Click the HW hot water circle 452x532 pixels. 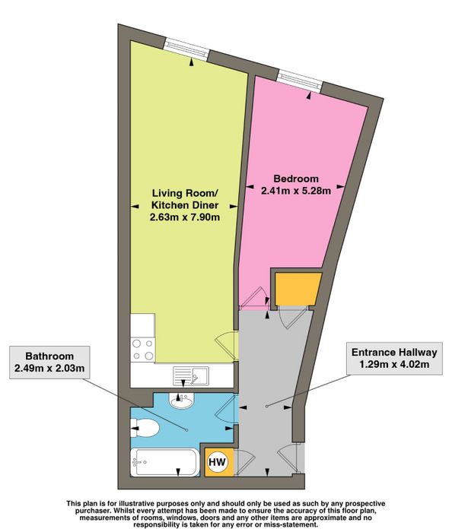coord(217,462)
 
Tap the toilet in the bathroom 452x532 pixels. coord(145,429)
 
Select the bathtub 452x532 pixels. coord(164,462)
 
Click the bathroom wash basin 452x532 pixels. coord(182,401)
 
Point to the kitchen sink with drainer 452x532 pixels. coord(186,375)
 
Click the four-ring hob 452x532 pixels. coord(143,350)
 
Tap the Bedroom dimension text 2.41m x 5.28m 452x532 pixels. coord(296,191)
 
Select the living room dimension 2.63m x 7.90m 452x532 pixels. coord(185,217)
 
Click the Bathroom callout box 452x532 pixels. coord(49,363)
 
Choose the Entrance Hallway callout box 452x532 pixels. coord(394,359)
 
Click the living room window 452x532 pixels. coord(186,49)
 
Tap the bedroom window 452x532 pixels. coord(299,81)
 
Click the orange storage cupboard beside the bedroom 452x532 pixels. coord(298,289)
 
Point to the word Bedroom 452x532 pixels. coord(296,179)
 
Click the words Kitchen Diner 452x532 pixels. coord(185,205)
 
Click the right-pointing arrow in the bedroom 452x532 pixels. coord(340,187)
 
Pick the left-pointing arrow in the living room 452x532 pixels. coord(135,206)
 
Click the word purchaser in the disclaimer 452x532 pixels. coord(91,510)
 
